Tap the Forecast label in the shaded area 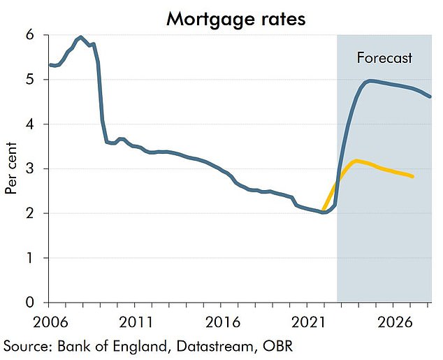[x=384, y=58]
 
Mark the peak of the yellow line [x=356, y=161]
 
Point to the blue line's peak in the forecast [x=370, y=80]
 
